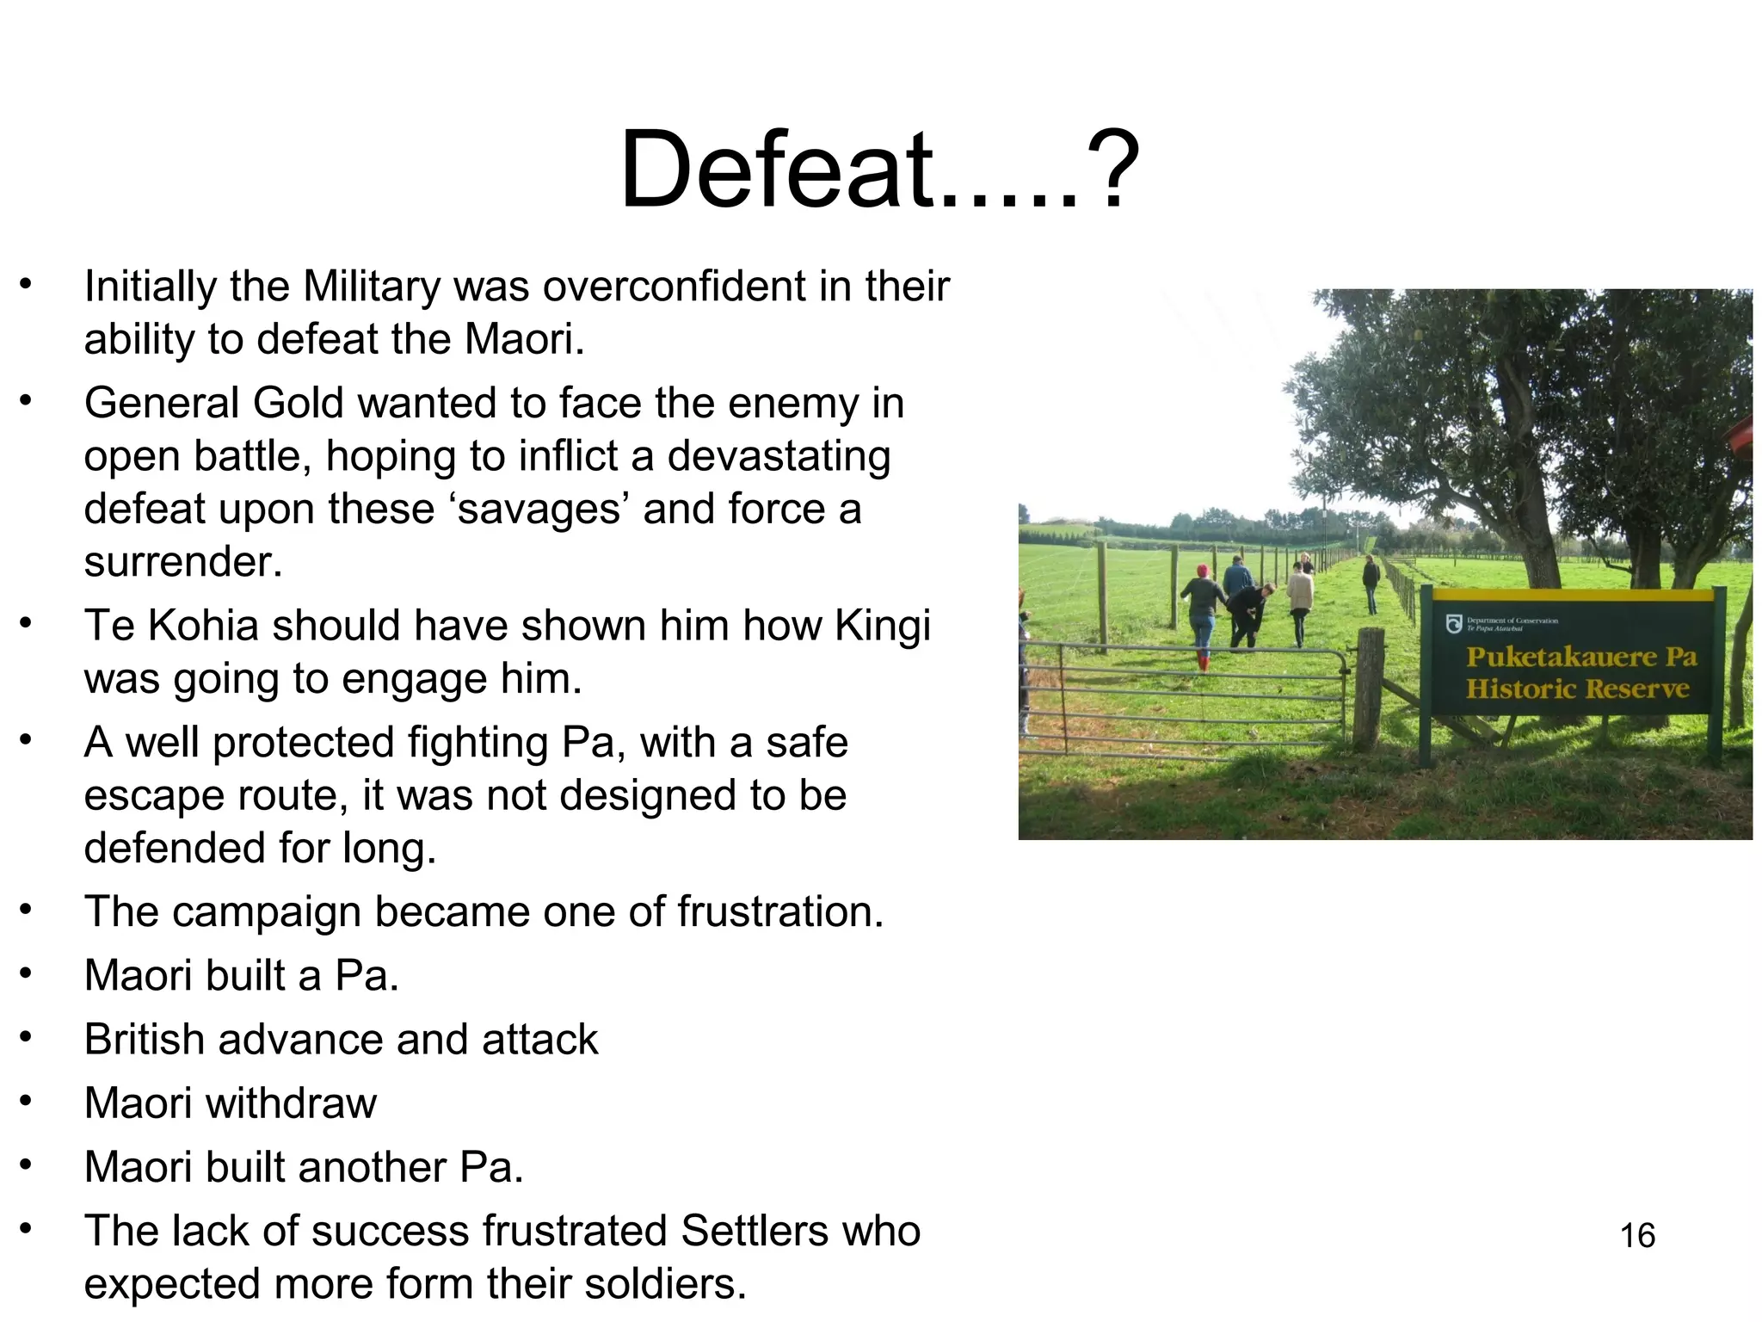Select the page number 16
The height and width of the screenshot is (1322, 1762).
[x=1636, y=1236]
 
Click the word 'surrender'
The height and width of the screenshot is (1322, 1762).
[x=182, y=563]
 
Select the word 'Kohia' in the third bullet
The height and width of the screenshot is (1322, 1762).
[x=203, y=626]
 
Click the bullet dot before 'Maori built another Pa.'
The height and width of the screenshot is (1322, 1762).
[x=26, y=1164]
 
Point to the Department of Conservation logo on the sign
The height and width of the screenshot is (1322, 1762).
[x=1453, y=623]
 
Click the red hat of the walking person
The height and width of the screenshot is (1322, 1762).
[x=1203, y=571]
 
